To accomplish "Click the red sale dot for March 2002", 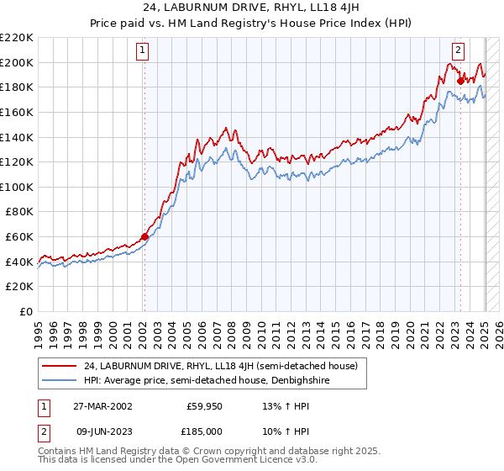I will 144,236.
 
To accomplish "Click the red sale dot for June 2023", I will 461,82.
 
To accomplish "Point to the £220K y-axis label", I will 17,38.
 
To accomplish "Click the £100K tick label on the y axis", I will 17,187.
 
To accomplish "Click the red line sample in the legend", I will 60,366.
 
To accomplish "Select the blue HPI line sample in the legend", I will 60,381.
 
